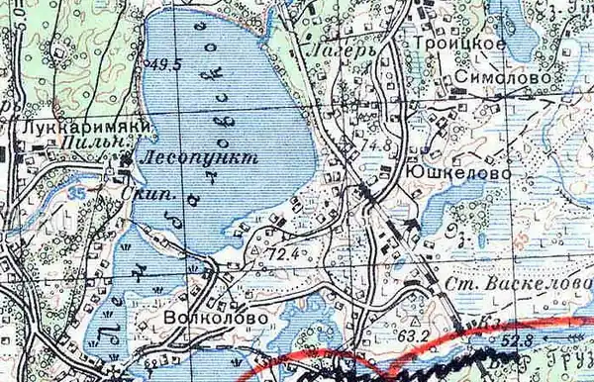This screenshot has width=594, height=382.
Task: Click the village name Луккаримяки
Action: [x=67, y=129]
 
